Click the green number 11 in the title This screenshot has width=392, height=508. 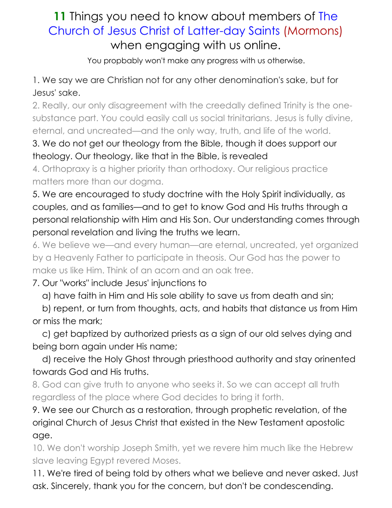pos(60,17)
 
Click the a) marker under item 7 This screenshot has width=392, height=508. pos(46,296)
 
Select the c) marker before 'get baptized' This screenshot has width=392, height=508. pos(46,333)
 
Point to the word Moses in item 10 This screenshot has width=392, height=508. pos(166,460)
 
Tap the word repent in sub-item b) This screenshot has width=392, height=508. pos(67,308)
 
